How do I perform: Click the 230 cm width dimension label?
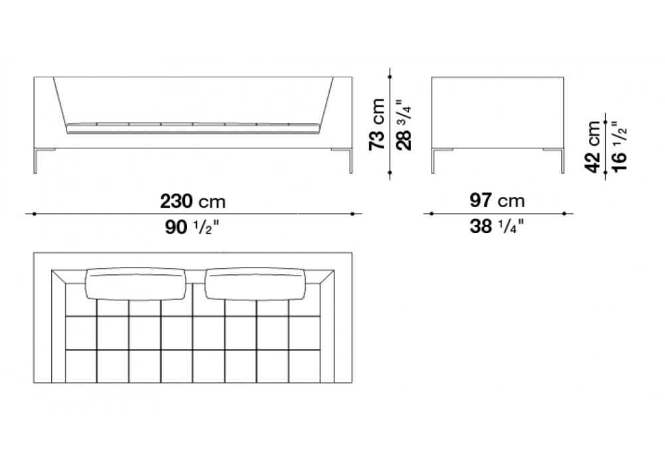[x=193, y=201]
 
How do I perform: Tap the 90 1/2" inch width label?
[x=192, y=228]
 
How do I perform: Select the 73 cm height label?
[x=377, y=124]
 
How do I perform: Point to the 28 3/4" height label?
[x=404, y=124]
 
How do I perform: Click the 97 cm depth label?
[x=497, y=200]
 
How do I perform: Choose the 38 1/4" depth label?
[x=497, y=226]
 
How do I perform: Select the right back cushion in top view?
[x=255, y=284]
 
